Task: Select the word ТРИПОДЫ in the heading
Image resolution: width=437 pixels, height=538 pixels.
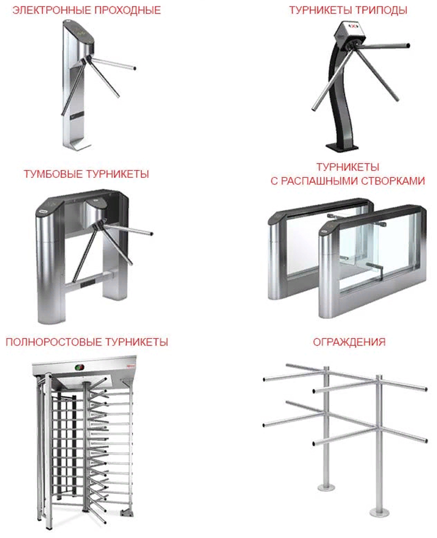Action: point(381,10)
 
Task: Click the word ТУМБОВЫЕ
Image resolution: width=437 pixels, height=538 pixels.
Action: point(53,174)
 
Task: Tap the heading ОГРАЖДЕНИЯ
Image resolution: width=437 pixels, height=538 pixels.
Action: point(349,342)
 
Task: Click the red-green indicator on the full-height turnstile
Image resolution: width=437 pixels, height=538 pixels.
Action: point(79,367)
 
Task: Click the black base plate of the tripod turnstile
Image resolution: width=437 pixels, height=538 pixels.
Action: point(342,147)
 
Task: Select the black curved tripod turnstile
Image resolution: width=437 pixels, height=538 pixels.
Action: point(357,86)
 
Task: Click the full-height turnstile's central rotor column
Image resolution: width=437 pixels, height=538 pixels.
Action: point(86,443)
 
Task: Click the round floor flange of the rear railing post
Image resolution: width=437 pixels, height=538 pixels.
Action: point(326,487)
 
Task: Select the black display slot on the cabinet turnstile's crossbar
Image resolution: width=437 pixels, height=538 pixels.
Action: point(88,284)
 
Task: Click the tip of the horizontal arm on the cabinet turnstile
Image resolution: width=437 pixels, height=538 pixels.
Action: point(151,234)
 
